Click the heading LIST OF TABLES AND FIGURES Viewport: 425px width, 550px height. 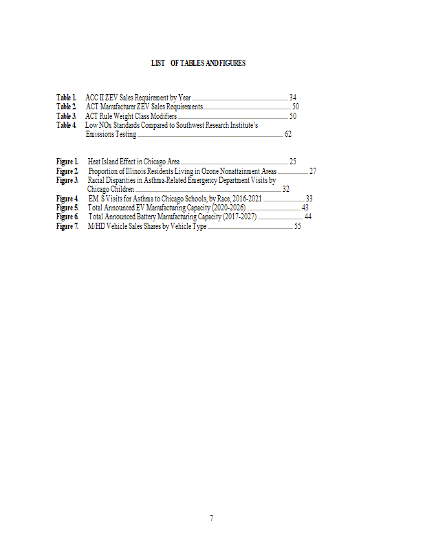point(198,63)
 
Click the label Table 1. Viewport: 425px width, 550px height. point(66,98)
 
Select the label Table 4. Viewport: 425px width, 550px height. point(66,126)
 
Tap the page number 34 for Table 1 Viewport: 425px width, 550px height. point(293,98)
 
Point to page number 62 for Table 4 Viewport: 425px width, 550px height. point(288,135)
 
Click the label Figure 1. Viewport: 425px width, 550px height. point(67,162)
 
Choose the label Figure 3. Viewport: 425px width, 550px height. point(67,180)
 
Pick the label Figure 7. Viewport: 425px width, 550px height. point(67,226)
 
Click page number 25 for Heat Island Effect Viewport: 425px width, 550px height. point(293,162)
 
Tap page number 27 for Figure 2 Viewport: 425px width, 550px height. point(313,170)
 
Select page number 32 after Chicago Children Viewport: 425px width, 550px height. point(286,189)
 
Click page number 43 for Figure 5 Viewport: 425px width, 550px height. point(305,208)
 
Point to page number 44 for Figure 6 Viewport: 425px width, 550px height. point(308,217)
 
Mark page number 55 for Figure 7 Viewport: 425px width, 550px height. point(298,226)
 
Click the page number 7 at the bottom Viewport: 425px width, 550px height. point(212,518)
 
